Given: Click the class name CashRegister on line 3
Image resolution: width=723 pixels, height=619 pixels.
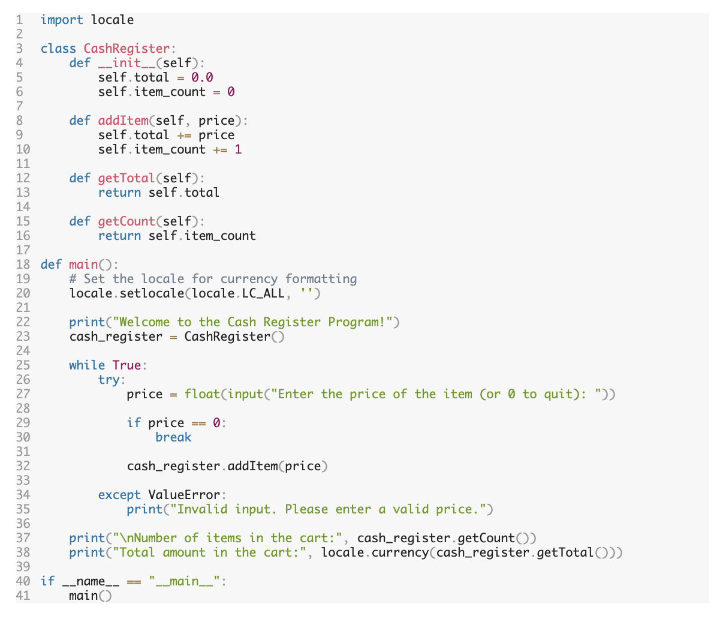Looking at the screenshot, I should [x=126, y=49].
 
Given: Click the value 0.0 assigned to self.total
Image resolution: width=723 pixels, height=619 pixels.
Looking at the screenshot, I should [x=202, y=77].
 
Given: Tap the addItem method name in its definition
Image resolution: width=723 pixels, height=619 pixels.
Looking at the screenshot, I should [x=123, y=121].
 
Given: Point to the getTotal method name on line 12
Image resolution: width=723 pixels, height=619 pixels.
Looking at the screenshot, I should [x=126, y=178].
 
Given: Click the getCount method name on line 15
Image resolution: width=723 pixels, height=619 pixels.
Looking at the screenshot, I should [x=126, y=221].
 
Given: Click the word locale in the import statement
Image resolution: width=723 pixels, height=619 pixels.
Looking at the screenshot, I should [x=112, y=20].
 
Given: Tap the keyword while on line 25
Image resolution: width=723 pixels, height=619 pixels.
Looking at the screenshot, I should [x=87, y=365].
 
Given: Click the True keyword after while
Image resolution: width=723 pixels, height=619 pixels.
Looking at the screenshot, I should [x=126, y=365].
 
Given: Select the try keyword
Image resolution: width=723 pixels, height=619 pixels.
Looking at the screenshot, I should [x=109, y=380].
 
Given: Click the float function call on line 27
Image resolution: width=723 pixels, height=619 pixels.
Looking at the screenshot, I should [x=202, y=394].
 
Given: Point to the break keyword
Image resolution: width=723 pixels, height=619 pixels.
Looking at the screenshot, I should [x=173, y=437].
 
